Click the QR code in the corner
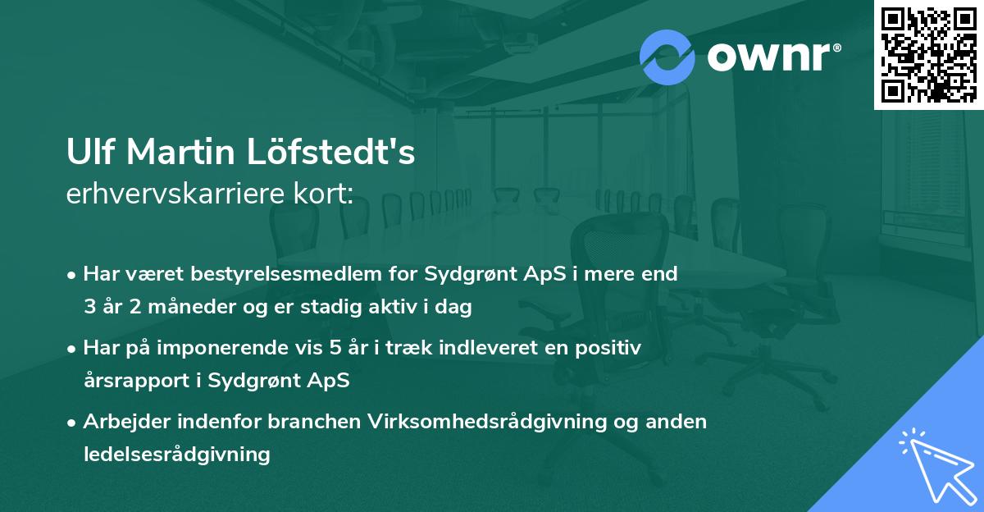(x=928, y=54)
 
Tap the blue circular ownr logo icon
(x=667, y=57)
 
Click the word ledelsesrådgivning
(x=176, y=454)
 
